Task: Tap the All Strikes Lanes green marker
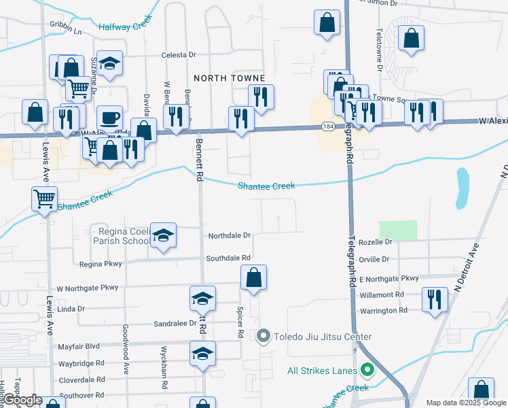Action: tap(368, 371)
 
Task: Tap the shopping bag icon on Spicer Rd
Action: tap(253, 277)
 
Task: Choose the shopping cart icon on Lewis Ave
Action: tap(45, 199)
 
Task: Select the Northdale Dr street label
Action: tap(230, 236)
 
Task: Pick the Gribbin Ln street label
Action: tap(65, 32)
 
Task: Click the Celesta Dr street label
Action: tap(179, 55)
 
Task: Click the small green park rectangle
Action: tap(397, 231)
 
